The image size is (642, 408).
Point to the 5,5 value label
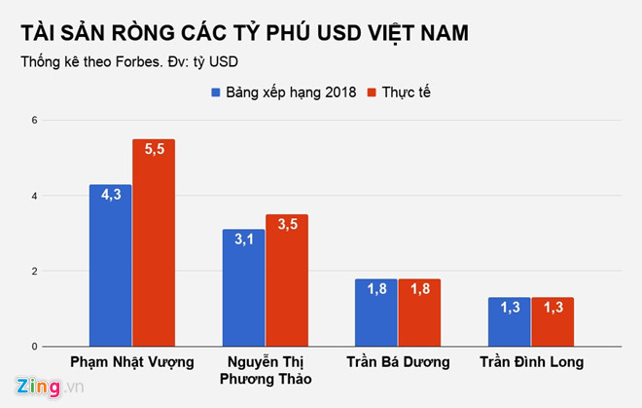(154, 149)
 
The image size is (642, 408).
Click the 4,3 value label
(110, 195)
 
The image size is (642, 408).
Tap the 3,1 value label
(242, 240)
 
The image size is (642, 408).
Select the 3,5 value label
(286, 225)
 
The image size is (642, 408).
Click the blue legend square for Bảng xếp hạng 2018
(218, 93)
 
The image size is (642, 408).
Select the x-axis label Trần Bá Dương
(397, 363)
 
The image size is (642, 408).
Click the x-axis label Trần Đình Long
(530, 363)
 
